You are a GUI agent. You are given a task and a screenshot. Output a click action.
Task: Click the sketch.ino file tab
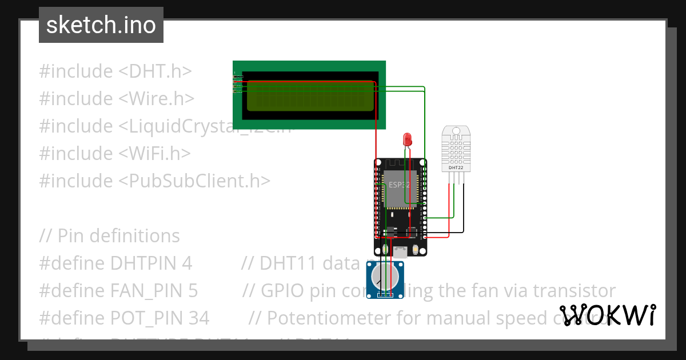click(101, 25)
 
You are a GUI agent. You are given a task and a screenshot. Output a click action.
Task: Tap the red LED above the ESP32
click(407, 138)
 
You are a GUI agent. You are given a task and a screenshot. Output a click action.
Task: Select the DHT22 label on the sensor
click(456, 167)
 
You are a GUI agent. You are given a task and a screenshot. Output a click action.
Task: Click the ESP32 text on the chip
click(399, 185)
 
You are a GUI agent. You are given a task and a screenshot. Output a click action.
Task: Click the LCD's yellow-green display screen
click(309, 97)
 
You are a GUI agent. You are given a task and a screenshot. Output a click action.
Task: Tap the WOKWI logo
click(607, 315)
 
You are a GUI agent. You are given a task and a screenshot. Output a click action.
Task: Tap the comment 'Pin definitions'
click(118, 235)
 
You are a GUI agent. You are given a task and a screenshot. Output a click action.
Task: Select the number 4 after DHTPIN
click(186, 263)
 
